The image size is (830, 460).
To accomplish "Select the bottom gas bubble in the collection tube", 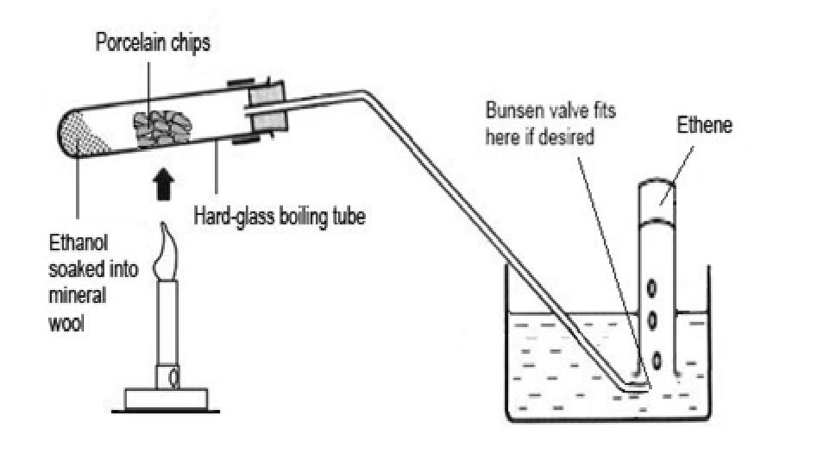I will tap(657, 358).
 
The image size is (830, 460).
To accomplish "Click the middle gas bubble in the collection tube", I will tap(654, 320).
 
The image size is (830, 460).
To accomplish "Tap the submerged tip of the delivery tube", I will tap(634, 385).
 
